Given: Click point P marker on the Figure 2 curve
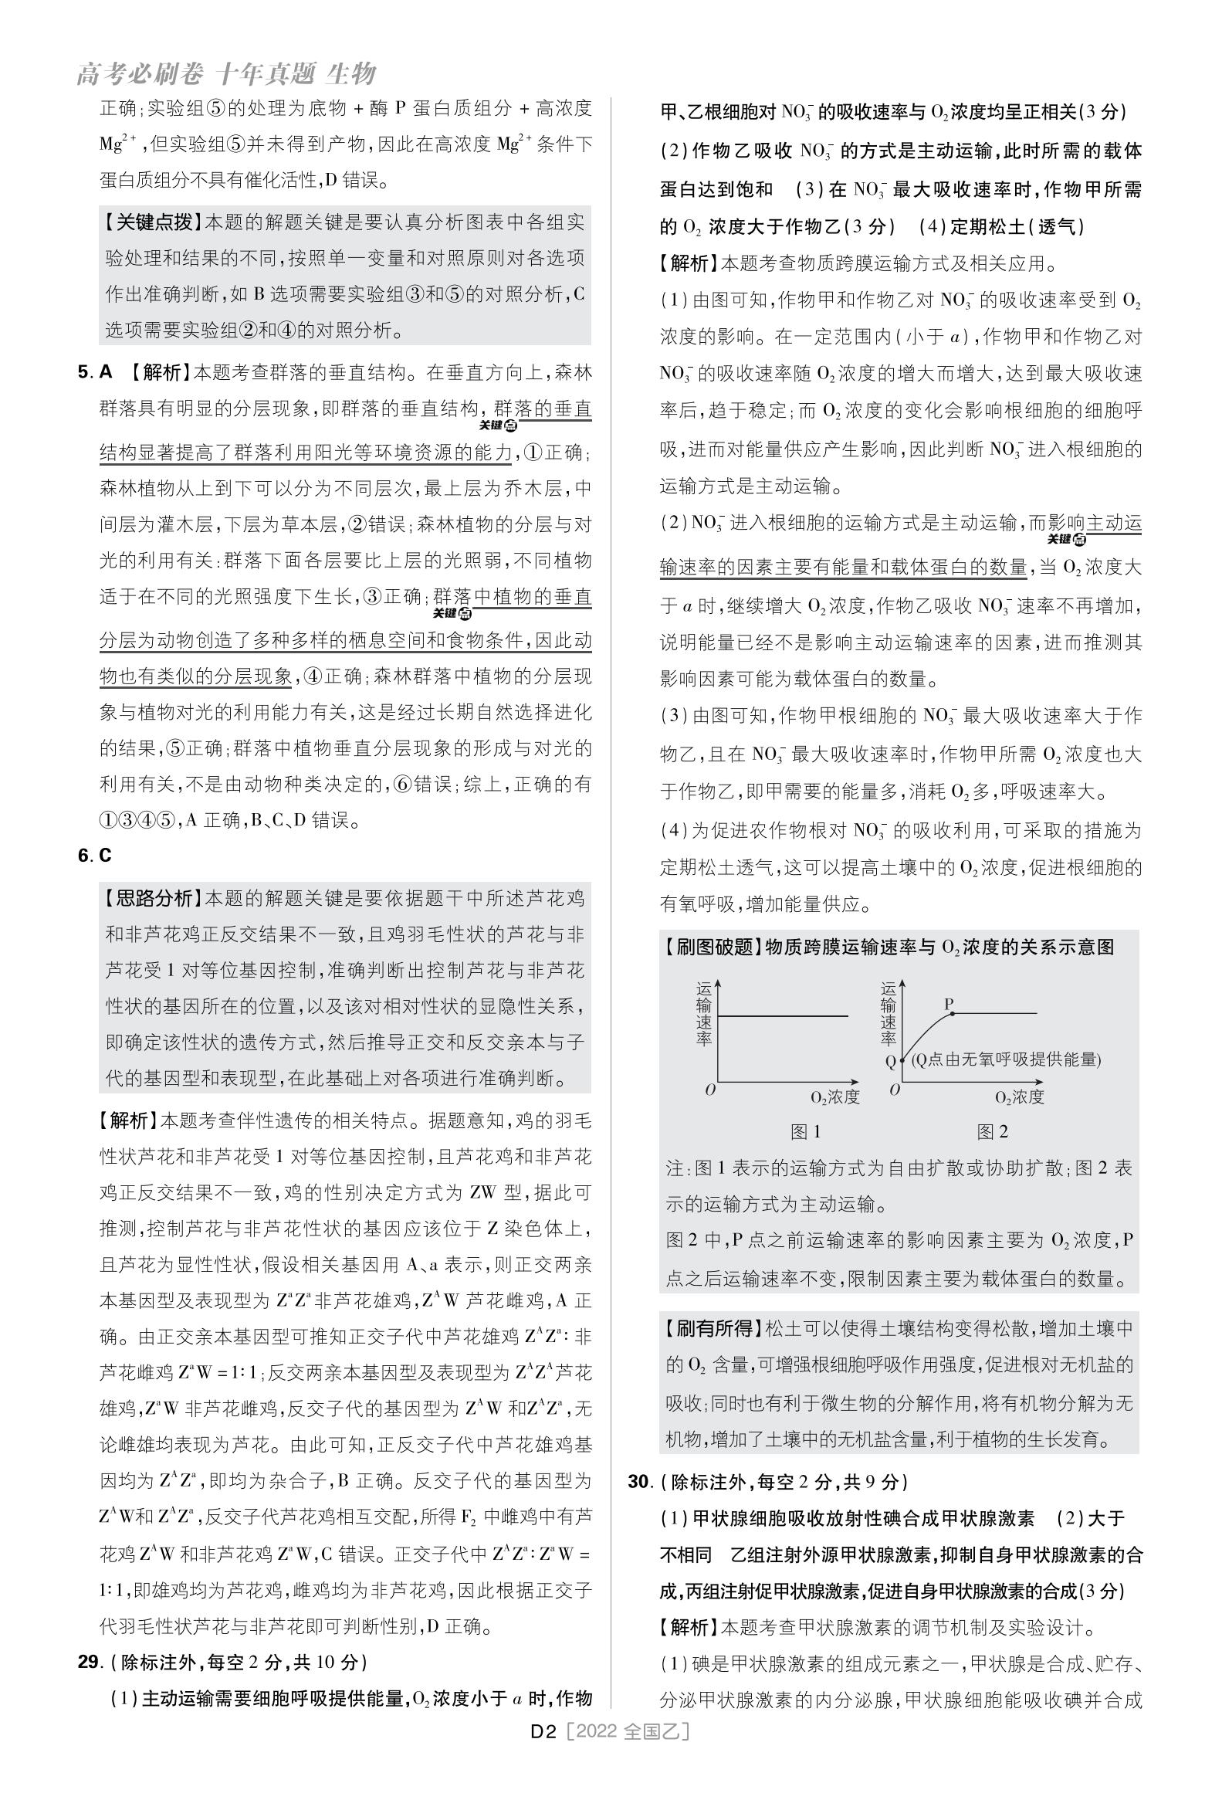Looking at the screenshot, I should point(952,1012).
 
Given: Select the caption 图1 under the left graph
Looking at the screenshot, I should point(805,1131).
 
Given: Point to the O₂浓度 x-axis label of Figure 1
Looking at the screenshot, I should point(834,1097).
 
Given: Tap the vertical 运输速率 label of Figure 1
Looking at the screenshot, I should point(703,1014).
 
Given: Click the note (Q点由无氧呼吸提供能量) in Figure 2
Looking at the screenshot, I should point(1005,1059).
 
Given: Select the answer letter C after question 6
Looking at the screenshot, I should point(105,855).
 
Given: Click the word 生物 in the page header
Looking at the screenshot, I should point(350,74).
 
